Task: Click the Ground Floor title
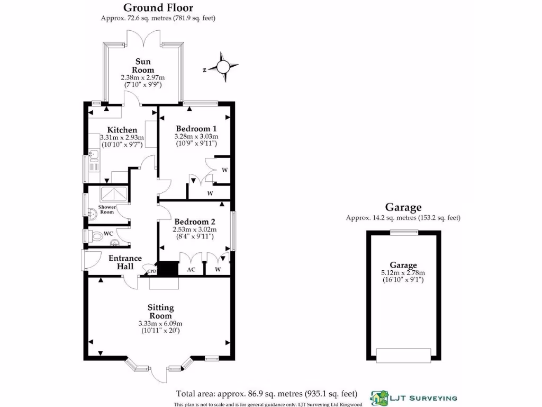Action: (158, 7)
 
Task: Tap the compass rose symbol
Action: (223, 67)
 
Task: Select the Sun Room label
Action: (143, 66)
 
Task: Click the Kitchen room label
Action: (122, 130)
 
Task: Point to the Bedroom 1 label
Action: (196, 128)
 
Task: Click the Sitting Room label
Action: (160, 312)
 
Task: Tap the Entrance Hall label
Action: (125, 262)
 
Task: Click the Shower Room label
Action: (107, 209)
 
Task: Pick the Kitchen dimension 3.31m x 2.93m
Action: (122, 138)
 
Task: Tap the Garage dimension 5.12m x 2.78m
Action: (403, 273)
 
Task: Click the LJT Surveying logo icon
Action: (380, 397)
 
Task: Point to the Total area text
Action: (266, 394)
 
